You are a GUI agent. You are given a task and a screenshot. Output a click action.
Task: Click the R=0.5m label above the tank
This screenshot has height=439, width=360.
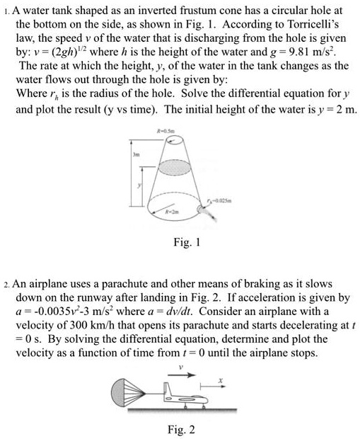coord(170,132)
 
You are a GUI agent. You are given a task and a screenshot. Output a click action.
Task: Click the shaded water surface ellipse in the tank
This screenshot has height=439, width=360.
coord(172,167)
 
